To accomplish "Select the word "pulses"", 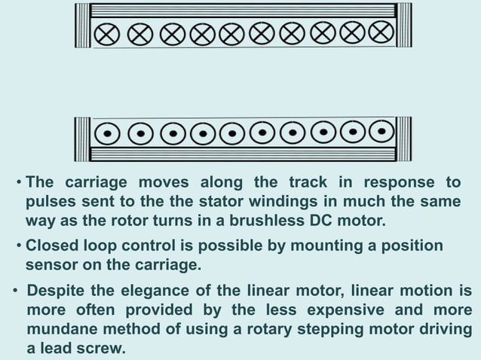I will (50, 203).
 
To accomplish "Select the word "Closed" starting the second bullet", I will (51, 246).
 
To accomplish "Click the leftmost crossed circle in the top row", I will (107, 34).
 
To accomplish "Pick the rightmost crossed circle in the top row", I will (381, 33).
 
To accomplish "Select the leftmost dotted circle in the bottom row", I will (109, 133).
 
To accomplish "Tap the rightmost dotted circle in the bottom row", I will (382, 132).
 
